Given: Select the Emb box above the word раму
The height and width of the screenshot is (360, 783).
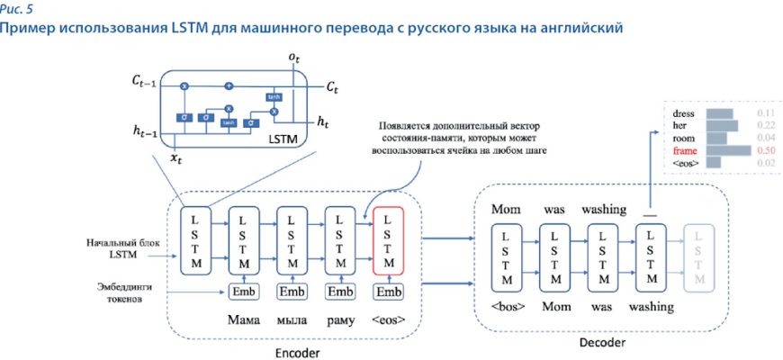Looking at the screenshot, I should point(339,292).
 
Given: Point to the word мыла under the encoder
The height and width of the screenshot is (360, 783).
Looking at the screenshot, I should point(291,320).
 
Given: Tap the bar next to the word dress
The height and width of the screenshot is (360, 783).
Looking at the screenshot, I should point(720,113).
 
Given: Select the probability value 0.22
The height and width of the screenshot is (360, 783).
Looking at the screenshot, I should point(766,125).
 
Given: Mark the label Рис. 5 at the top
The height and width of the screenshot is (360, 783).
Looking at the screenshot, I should point(20,9).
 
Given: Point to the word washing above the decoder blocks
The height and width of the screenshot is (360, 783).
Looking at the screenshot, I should point(603,210).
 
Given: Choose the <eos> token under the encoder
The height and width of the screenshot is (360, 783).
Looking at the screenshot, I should point(387,320).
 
